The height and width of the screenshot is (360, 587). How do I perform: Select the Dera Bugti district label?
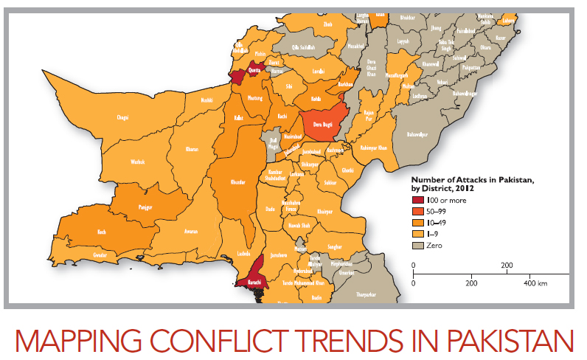click(x=324, y=125)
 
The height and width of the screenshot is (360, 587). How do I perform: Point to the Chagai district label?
click(x=122, y=117)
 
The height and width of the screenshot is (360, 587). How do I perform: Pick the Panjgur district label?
click(x=145, y=207)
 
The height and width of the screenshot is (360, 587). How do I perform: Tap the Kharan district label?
click(x=192, y=149)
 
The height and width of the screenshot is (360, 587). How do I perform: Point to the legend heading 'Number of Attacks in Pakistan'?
click(x=472, y=179)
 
